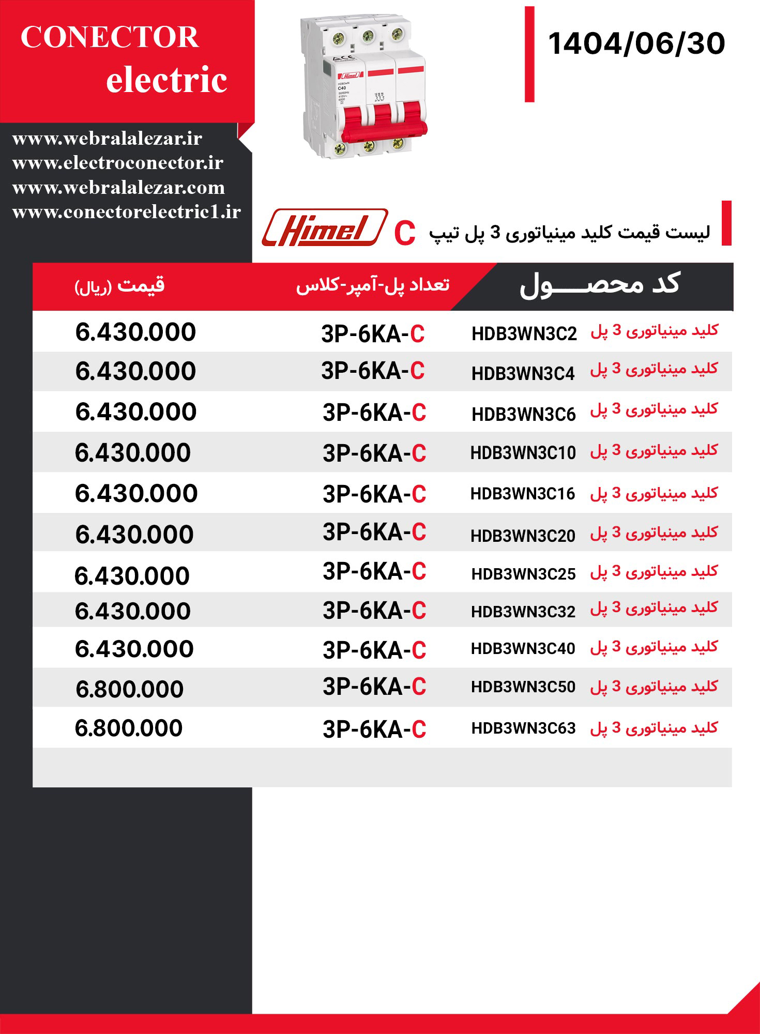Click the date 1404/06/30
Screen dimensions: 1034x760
pyautogui.click(x=636, y=43)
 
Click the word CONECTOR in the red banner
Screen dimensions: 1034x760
pyautogui.click(x=110, y=37)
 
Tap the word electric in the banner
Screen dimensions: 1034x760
pyautogui.click(x=166, y=80)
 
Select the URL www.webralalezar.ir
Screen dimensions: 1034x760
pyautogui.click(x=107, y=139)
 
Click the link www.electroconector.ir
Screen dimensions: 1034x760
pyautogui.click(x=117, y=163)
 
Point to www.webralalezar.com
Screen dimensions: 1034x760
pyautogui.click(x=118, y=187)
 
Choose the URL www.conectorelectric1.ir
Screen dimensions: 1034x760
pyautogui.click(x=126, y=212)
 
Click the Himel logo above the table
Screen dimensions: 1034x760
pyautogui.click(x=324, y=228)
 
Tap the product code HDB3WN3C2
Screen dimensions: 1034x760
pyautogui.click(x=524, y=334)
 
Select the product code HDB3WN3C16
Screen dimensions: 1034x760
pyautogui.click(x=522, y=494)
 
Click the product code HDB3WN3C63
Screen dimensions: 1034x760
pyautogui.click(x=523, y=728)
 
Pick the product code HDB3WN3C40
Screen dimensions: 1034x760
pyautogui.click(x=523, y=649)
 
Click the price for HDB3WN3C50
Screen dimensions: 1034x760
pyautogui.click(x=130, y=689)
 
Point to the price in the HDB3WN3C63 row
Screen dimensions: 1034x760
pyautogui.click(x=129, y=728)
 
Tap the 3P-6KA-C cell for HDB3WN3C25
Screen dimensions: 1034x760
pyautogui.click(x=374, y=572)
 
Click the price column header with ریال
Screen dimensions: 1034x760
pyautogui.click(x=119, y=286)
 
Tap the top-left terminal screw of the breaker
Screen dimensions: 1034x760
pyautogui.click(x=339, y=38)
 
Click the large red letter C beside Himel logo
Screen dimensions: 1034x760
pyautogui.click(x=404, y=234)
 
